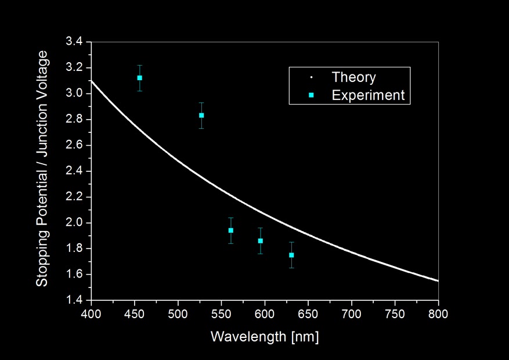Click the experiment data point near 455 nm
tap(139, 78)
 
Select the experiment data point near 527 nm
tap(201, 115)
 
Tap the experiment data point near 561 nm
tap(231, 231)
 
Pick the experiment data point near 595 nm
tap(261, 240)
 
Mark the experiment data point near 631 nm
tap(291, 255)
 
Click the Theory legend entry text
tap(353, 77)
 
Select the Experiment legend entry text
tap(368, 95)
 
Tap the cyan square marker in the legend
tap(312, 95)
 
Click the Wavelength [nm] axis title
tap(264, 337)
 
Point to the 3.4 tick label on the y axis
tap(75, 42)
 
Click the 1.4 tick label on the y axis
tap(75, 300)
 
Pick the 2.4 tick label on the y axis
tap(75, 171)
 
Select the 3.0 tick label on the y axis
tap(75, 93)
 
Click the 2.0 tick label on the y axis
tap(75, 223)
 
